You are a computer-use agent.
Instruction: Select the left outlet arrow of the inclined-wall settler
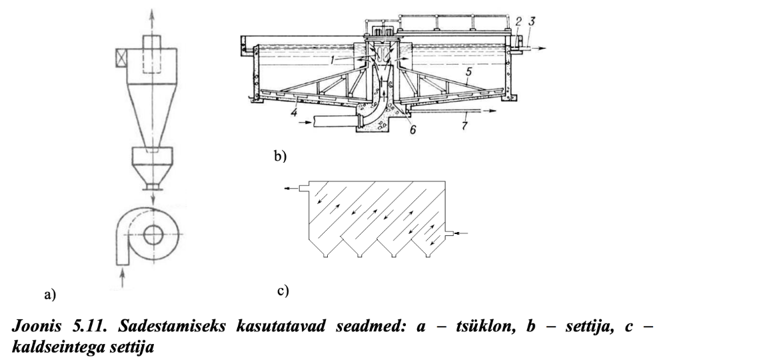[289, 189]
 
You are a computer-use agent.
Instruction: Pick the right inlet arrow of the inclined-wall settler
[464, 233]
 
